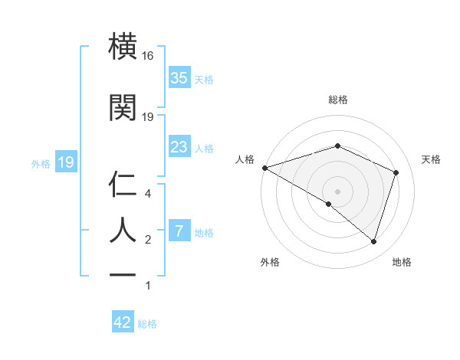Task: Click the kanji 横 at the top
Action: click(124, 47)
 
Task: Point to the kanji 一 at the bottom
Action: click(124, 272)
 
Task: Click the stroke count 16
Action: click(148, 56)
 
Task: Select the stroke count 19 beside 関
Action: click(148, 116)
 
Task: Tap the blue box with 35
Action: click(179, 78)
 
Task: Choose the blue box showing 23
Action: click(179, 147)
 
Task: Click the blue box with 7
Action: click(179, 231)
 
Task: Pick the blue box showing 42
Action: click(123, 322)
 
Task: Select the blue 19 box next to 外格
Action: click(66, 162)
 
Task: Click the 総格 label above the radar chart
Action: click(338, 100)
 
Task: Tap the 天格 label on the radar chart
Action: click(431, 159)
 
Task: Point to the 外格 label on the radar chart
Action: click(270, 262)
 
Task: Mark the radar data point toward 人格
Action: click(264, 167)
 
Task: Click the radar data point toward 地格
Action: click(373, 241)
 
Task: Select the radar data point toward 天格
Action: click(396, 172)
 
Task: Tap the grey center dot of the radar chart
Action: click(337, 191)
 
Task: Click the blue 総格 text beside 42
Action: click(147, 324)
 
